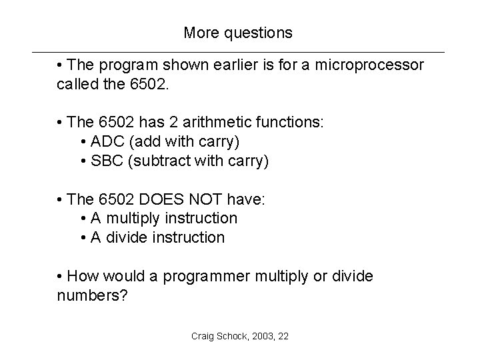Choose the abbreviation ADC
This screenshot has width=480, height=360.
[x=107, y=143]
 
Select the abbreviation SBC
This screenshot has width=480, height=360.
[x=107, y=162]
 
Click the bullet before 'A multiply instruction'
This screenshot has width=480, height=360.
[x=82, y=219]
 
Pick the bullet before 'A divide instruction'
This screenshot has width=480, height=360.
[x=82, y=238]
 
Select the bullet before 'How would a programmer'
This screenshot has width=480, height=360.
[x=61, y=276]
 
